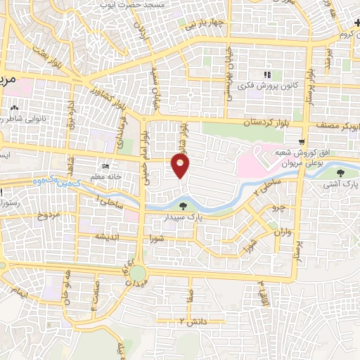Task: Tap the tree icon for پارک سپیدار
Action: tap(184, 206)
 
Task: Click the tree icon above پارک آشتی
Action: tap(341, 172)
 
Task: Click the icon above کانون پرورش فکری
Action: tap(266, 75)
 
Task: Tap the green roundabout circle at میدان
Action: tap(138, 273)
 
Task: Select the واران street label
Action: tap(283, 231)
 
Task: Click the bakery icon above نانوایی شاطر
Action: tap(15, 108)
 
